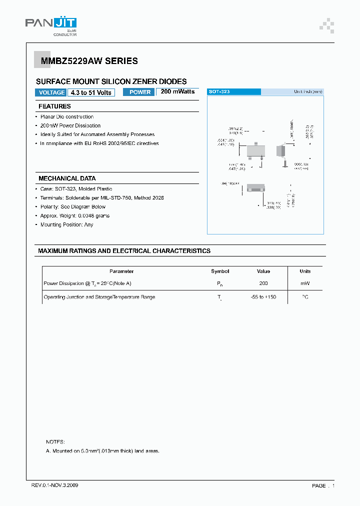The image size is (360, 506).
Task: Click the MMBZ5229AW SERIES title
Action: (86, 61)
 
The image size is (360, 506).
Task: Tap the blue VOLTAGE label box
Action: (51, 92)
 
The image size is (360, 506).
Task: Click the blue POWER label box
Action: (139, 92)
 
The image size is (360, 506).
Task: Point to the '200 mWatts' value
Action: (177, 92)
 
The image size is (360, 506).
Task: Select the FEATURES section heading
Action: (54, 106)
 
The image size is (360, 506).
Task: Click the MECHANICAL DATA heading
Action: (67, 178)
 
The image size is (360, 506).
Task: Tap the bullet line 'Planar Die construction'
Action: (66, 116)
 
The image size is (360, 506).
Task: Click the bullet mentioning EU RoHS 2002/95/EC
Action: (99, 143)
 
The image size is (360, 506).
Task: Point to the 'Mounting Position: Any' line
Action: (66, 224)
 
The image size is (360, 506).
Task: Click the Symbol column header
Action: (220, 271)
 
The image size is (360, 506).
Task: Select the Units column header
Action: (305, 271)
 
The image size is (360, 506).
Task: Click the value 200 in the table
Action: (263, 283)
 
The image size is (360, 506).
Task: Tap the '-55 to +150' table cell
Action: (263, 297)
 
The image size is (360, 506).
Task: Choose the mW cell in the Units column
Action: (305, 283)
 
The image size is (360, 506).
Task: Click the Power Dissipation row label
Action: (87, 283)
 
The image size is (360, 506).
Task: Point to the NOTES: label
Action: (55, 442)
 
